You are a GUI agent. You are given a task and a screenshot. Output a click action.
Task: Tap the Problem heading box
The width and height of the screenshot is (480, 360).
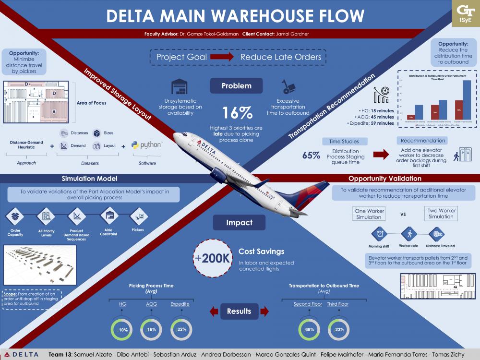click(x=236, y=86)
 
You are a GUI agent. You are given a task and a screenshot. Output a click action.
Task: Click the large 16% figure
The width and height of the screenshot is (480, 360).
click(x=237, y=113)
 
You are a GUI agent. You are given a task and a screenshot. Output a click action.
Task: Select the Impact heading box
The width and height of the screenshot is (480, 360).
click(x=240, y=223)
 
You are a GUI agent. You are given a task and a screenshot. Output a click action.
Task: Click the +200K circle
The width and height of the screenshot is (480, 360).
click(x=212, y=258)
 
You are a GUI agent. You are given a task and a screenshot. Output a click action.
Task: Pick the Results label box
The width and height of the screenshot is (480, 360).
click(x=239, y=311)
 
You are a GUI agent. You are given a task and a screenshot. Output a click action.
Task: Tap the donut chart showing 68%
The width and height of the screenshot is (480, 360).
click(x=309, y=330)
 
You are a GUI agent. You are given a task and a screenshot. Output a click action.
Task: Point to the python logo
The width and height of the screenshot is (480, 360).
click(x=146, y=145)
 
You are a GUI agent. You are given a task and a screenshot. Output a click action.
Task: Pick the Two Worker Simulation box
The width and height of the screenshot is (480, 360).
click(x=441, y=213)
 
